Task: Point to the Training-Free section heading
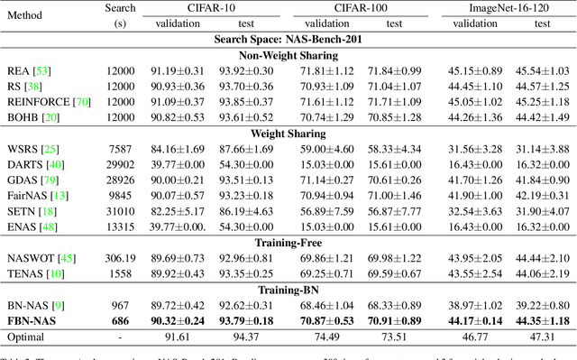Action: (288, 243)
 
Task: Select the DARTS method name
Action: (24, 165)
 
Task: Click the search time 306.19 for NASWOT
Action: (125, 258)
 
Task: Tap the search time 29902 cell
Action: (125, 165)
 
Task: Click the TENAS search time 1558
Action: (125, 272)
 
